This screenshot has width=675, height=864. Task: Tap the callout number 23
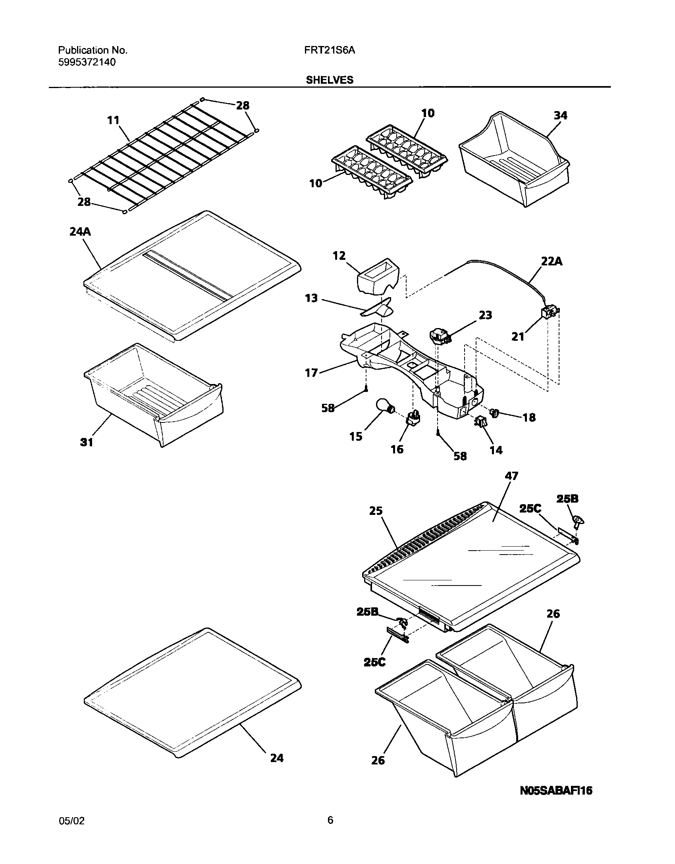click(x=485, y=315)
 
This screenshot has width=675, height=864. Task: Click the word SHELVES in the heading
click(x=329, y=80)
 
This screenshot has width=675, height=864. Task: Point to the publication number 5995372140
click(x=87, y=62)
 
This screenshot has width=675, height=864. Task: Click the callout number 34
click(x=560, y=115)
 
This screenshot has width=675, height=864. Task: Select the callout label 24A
click(x=80, y=231)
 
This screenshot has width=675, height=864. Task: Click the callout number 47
click(x=511, y=476)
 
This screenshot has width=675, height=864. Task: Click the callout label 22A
click(x=551, y=261)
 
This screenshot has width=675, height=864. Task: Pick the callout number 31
click(x=87, y=442)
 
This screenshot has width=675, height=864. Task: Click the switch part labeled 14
click(x=480, y=423)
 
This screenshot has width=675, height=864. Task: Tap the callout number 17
click(x=311, y=372)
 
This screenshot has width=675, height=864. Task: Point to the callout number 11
click(x=114, y=120)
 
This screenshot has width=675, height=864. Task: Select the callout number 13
click(x=311, y=298)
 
